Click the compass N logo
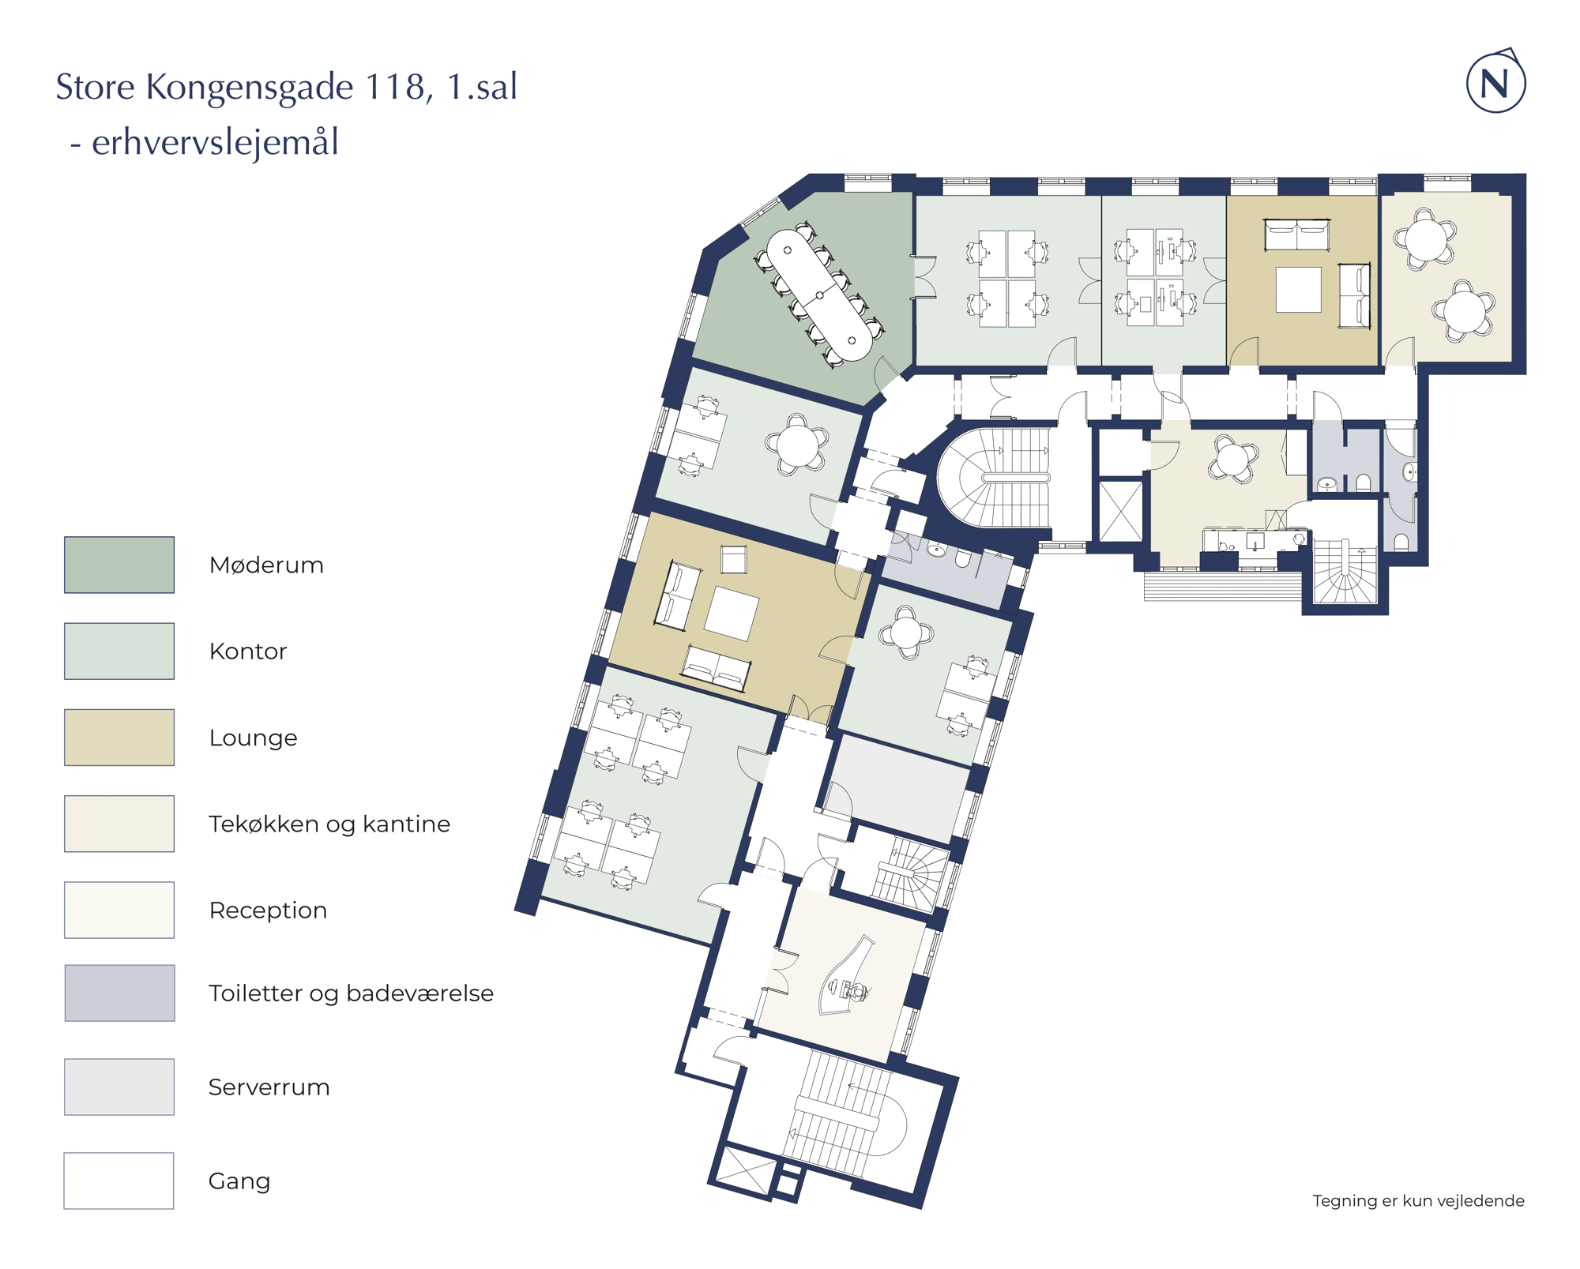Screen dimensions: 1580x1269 1495,82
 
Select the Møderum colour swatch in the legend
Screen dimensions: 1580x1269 119,565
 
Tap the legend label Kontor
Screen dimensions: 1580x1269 248,651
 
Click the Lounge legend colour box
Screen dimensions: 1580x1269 119,738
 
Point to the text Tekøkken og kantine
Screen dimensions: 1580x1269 329,824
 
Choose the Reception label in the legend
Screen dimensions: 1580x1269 268,910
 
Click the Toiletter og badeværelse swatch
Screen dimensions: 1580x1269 119,993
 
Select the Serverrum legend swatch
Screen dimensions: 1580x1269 119,1087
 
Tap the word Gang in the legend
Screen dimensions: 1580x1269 239,1181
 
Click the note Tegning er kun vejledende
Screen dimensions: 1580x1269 1418,1200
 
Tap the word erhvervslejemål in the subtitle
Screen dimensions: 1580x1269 215,143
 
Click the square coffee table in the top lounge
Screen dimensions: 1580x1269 1299,290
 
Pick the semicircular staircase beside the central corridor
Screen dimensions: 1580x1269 995,478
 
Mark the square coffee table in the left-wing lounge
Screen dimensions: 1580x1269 732,613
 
